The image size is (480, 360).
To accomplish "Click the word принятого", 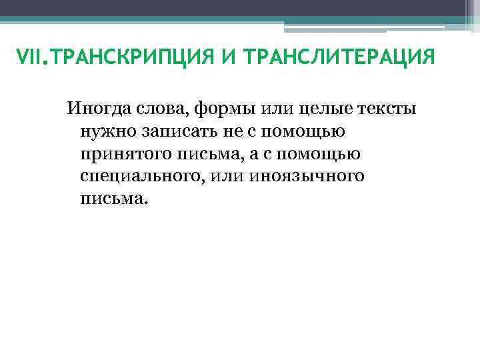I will pyautogui.click(x=124, y=154).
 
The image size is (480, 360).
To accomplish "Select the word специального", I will pyautogui.click(x=139, y=177).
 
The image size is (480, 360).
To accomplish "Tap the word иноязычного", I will pyautogui.click(x=311, y=177).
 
